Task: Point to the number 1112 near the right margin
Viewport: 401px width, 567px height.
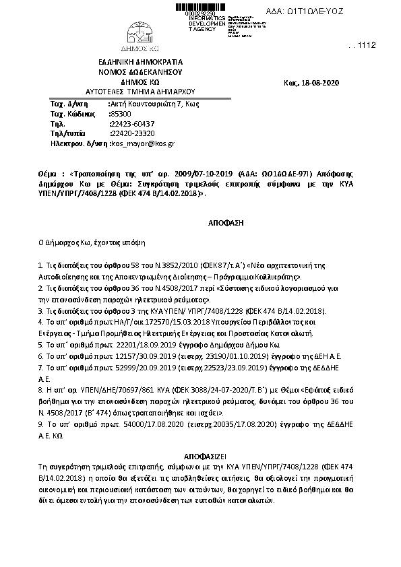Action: click(x=367, y=45)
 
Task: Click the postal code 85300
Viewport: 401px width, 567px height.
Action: click(x=121, y=114)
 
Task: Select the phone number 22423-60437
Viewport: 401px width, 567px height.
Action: click(x=132, y=124)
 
